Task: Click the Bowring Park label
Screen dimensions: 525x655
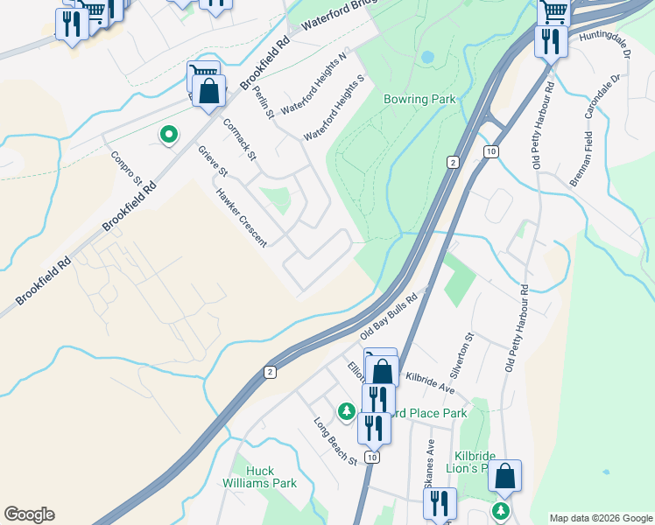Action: [x=419, y=99]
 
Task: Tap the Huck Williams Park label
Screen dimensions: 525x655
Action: [x=271, y=477]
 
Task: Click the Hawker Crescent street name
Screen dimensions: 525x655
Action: [x=241, y=218]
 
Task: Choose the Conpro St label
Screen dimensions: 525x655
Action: [x=126, y=168]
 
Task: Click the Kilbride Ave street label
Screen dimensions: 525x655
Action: [x=430, y=381]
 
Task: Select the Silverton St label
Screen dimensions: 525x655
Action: [x=469, y=348]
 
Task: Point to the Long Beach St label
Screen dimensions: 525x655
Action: [x=336, y=441]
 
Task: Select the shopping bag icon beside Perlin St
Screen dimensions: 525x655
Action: [x=208, y=91]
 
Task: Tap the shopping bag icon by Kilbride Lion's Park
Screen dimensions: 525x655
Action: [x=504, y=476]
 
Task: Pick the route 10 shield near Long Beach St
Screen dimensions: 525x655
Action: [x=372, y=457]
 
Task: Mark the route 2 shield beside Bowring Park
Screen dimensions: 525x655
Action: [x=452, y=162]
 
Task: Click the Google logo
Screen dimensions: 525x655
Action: [x=29, y=514]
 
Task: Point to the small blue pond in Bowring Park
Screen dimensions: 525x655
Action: [x=426, y=57]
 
